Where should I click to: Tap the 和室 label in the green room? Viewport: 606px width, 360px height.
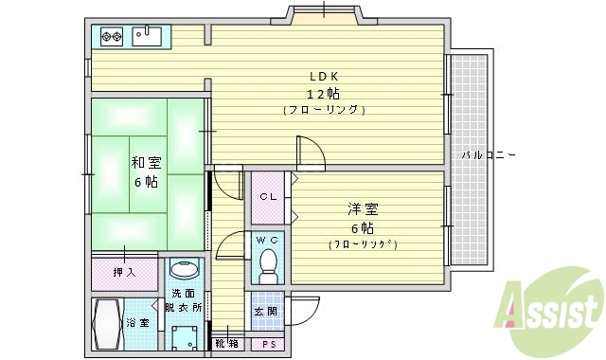pyautogui.click(x=145, y=163)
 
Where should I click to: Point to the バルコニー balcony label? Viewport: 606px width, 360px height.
pyautogui.click(x=488, y=154)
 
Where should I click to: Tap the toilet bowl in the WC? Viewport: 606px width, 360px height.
pyautogui.click(x=268, y=264)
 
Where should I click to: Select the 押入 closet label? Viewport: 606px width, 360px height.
pyautogui.click(x=124, y=273)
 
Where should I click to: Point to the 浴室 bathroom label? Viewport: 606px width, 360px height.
pyautogui.click(x=138, y=323)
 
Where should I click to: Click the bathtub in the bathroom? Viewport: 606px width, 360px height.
pyautogui.click(x=108, y=325)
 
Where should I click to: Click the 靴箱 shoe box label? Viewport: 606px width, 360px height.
pyautogui.click(x=226, y=343)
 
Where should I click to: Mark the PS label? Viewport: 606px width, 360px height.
pyautogui.click(x=269, y=343)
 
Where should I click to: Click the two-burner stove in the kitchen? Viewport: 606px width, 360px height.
pyautogui.click(x=112, y=37)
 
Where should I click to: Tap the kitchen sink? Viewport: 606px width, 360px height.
pyautogui.click(x=147, y=37)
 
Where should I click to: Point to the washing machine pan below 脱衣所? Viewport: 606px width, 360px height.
pyautogui.click(x=185, y=337)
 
